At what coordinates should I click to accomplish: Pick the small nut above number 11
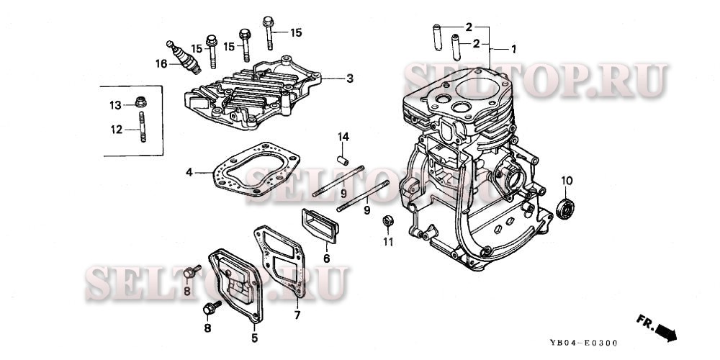click(388, 220)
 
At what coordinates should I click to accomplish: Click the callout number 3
click(349, 77)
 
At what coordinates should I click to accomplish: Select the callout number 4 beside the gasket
click(189, 172)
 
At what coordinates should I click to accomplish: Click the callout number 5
click(253, 336)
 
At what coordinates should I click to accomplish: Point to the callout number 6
click(326, 258)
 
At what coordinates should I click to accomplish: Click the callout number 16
click(161, 63)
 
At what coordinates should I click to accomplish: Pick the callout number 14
click(344, 137)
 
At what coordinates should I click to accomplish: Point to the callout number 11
click(388, 241)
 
